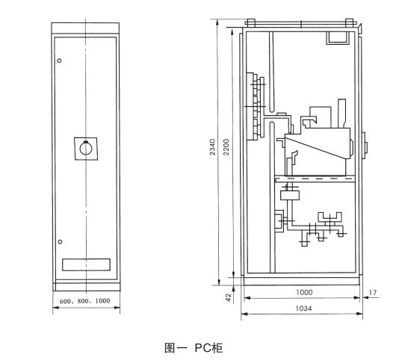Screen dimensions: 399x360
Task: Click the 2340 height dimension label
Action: (x=212, y=147)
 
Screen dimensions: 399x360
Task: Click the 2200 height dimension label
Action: (x=226, y=147)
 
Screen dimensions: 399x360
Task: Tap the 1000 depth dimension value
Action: (x=304, y=292)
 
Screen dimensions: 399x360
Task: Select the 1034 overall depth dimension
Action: (x=303, y=308)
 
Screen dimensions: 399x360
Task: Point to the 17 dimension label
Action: (x=373, y=293)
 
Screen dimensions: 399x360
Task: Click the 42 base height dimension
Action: (x=228, y=297)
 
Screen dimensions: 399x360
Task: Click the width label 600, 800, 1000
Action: (x=85, y=301)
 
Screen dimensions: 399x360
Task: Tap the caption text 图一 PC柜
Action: (x=194, y=348)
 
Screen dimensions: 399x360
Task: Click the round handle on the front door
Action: (x=86, y=149)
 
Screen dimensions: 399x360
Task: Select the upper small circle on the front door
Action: (x=59, y=60)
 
